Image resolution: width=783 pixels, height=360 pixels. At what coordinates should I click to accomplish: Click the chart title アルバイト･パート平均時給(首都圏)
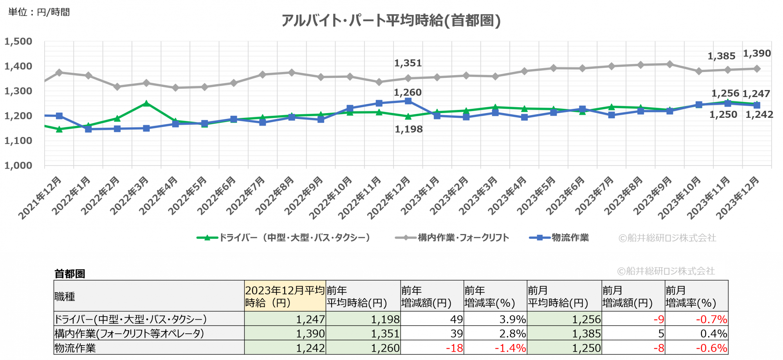pos(391,20)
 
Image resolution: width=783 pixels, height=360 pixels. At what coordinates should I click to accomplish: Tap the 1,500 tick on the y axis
pos(18,41)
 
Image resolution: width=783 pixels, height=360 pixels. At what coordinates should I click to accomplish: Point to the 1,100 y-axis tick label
pos(18,140)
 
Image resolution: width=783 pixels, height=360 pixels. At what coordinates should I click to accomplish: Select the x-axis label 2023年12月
pos(738,198)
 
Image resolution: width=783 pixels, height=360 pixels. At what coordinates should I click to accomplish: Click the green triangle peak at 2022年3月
pos(146,103)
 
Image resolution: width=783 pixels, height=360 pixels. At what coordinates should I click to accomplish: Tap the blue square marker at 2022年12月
pos(408,101)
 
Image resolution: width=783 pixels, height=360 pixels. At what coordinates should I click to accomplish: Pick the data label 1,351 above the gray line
pos(408,63)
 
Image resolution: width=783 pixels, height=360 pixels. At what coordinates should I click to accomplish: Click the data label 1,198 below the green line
pos(408,129)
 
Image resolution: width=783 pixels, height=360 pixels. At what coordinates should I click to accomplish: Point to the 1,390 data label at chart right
pos(757,53)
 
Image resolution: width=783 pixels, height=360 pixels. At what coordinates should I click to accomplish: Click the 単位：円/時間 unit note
pos(39,12)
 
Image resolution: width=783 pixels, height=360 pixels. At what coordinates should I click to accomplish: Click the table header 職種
pos(65,297)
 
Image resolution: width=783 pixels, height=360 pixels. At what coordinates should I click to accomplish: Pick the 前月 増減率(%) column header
pos(691,297)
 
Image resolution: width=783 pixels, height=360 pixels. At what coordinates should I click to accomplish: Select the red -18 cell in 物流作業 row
pos(454,348)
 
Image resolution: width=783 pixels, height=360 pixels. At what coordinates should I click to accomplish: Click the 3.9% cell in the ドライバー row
pos(512,319)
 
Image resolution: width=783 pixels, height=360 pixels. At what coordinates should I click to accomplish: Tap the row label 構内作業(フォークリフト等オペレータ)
pos(129,333)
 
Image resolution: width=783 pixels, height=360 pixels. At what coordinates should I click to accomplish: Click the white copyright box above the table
pos(666,271)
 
